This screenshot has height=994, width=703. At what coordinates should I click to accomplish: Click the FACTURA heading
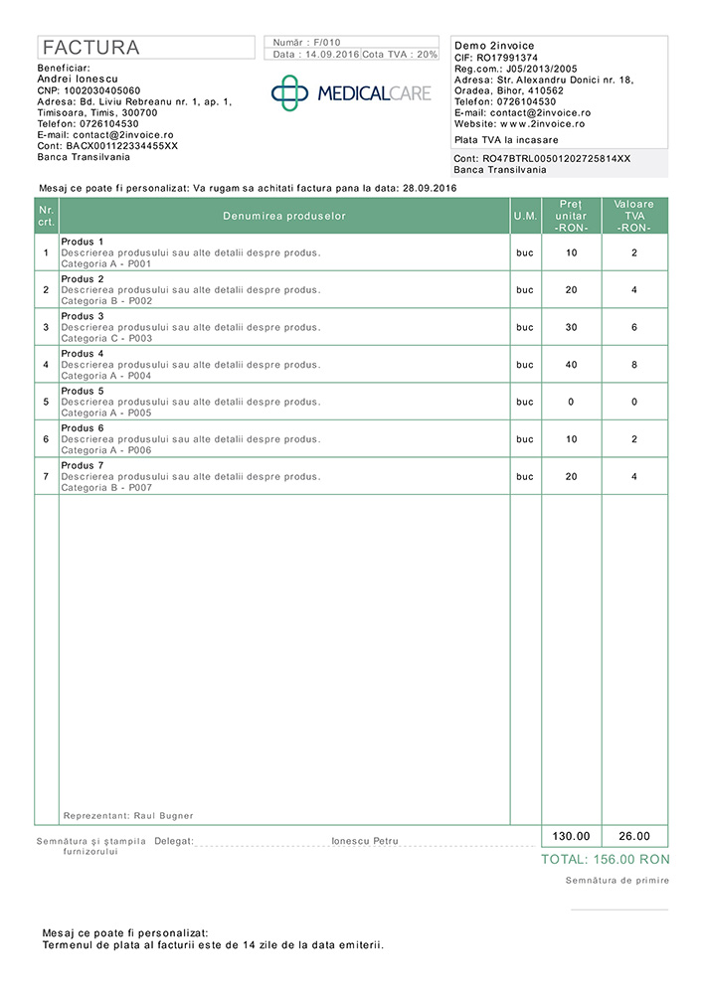coord(90,48)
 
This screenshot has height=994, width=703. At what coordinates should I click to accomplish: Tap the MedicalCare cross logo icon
coord(290,92)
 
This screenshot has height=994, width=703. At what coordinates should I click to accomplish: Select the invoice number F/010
coord(326,43)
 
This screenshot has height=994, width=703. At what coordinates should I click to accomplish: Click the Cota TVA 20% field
coord(400,55)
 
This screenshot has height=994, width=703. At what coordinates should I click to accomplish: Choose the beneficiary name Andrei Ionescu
coord(78,79)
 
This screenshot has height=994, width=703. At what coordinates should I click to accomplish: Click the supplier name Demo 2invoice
coord(493,46)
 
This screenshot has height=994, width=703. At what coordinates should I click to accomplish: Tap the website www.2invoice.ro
coord(542,124)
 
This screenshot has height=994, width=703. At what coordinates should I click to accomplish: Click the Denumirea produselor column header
coord(284,216)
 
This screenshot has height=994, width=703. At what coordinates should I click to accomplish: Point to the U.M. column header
coord(525,216)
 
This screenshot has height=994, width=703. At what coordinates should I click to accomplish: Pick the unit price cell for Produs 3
coord(571,327)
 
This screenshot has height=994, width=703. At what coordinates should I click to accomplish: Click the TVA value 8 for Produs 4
coord(634,365)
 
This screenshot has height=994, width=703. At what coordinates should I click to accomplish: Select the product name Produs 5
coord(83,391)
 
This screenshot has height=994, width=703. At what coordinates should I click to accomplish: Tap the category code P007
coord(140,488)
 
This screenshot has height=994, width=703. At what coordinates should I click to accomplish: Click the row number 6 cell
coord(46,438)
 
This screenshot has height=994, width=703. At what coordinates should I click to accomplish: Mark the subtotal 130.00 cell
coord(571,836)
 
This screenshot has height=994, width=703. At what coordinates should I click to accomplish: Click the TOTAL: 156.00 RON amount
coord(605,860)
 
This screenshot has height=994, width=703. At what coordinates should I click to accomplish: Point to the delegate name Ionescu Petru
coord(365,841)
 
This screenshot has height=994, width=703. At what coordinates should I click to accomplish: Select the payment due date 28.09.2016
coord(429,187)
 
